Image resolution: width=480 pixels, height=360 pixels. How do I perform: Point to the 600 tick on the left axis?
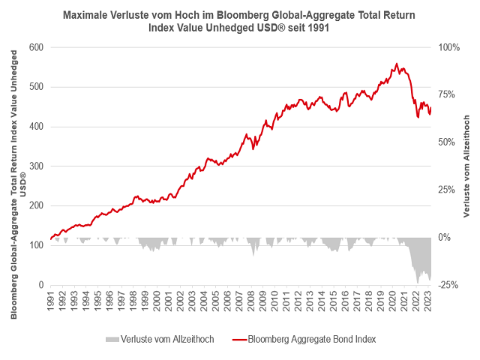pyautogui.click(x=34, y=47)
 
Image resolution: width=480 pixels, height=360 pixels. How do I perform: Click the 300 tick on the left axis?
pyautogui.click(x=34, y=166)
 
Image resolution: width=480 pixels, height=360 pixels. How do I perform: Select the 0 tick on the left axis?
pyautogui.click(x=40, y=286)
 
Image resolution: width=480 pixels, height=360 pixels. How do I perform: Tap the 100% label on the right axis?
pyautogui.click(x=448, y=47)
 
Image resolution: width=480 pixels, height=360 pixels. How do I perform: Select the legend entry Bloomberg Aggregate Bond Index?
pyautogui.click(x=311, y=339)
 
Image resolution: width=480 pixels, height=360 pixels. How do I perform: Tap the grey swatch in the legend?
pyautogui.click(x=112, y=339)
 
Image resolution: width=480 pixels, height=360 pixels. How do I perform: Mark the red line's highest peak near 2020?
pyautogui.click(x=396, y=64)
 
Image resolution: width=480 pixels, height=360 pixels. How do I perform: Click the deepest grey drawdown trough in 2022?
pyautogui.click(x=418, y=283)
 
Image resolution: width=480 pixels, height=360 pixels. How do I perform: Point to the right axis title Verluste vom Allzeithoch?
pyautogui.click(x=466, y=165)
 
